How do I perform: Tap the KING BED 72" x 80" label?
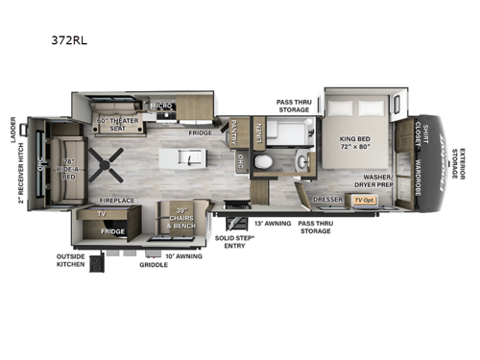[355, 144]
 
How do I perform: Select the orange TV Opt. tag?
[364, 200]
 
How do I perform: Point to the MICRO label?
[160, 107]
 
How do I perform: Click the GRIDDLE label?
[153, 264]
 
